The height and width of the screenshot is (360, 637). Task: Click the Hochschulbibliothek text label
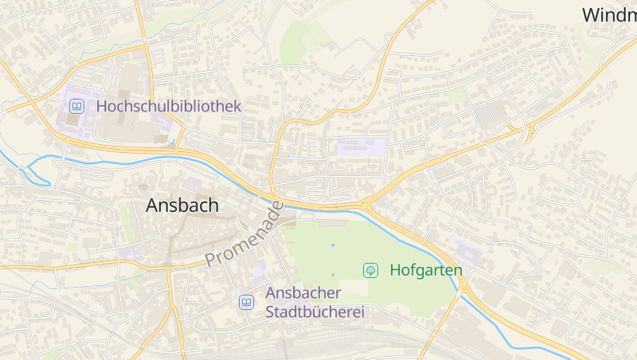pos(168,106)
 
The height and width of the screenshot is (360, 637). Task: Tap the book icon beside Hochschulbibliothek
pos(76,106)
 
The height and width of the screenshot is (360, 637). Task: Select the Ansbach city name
pos(182,205)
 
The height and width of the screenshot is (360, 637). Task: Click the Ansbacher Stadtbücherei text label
pos(315,303)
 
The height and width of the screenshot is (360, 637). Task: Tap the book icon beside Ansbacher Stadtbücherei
pos(247,303)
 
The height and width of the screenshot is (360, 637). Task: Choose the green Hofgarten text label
pos(426,271)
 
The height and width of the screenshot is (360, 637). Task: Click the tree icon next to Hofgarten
pos(370,271)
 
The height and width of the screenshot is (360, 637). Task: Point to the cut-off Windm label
pos(608,14)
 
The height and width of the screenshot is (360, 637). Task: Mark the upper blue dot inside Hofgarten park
pos(333,245)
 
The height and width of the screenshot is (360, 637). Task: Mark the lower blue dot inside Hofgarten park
pos(333,275)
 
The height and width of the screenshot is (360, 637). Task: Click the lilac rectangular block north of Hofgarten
pos(361,147)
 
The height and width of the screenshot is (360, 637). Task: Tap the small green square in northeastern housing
pos(457,96)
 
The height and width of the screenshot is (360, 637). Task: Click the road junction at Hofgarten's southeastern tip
pos(461,289)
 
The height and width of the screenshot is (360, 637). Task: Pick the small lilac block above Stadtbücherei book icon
pos(259,274)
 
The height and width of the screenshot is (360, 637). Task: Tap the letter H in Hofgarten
pos(396,271)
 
